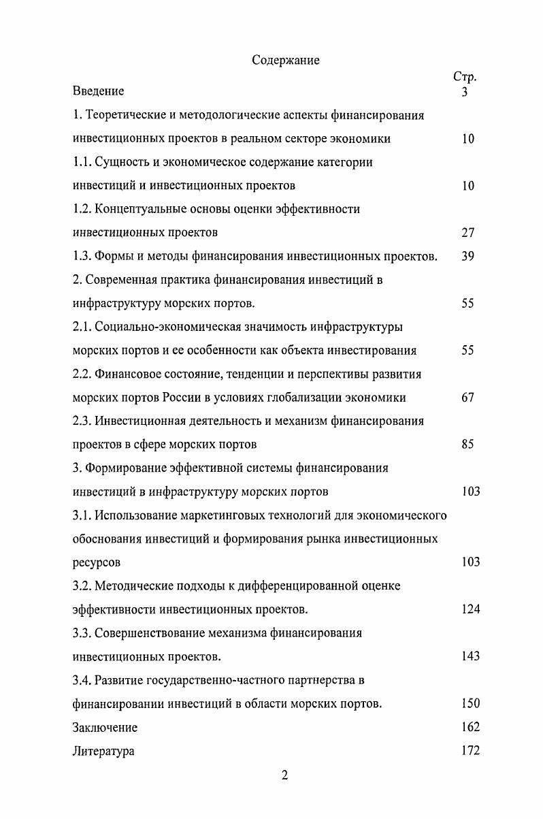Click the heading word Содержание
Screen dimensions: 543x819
tap(286, 61)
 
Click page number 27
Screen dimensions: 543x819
tap(467, 233)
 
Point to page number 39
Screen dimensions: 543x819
tap(467, 257)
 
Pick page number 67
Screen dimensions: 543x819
tap(467, 398)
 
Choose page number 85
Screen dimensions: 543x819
tap(467, 445)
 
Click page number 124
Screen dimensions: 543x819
tap(470, 609)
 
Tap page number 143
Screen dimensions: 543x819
tap(470, 656)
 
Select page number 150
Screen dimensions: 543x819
tap(470, 703)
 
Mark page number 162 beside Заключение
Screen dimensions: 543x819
tap(470, 727)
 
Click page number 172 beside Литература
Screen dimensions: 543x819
tap(470, 751)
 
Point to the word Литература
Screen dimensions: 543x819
tap(103, 752)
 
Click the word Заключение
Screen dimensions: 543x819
tap(105, 728)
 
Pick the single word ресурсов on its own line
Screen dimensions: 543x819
tap(95, 563)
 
